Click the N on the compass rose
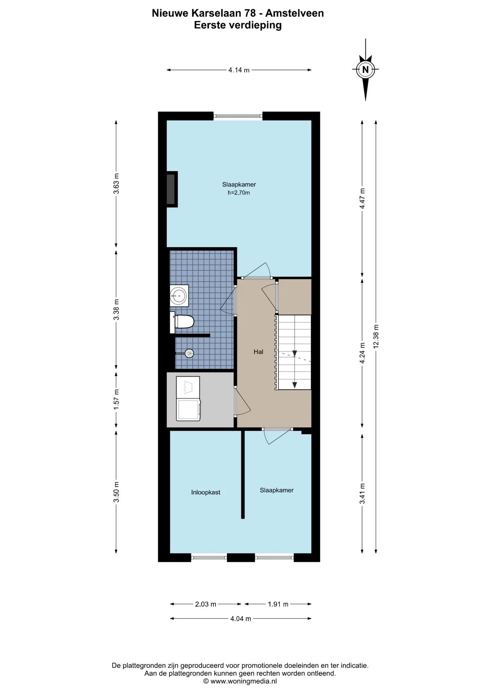366,69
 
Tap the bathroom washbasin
179,296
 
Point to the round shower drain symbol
189,353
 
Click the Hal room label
258,352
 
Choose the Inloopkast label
206,492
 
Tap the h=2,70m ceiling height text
239,193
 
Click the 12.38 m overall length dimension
376,336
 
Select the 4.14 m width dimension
239,70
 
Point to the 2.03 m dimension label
206,604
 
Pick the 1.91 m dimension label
278,604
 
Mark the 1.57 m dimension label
116,399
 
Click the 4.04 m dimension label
241,618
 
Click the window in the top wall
238,116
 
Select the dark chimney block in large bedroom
172,189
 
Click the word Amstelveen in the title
295,13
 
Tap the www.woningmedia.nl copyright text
240,681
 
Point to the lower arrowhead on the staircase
295,385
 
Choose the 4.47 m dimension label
362,198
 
